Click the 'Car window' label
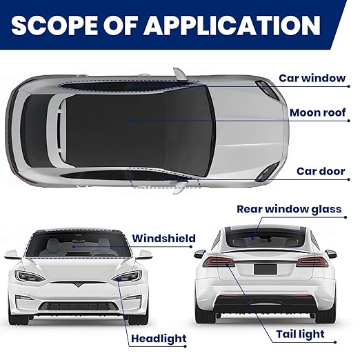312,78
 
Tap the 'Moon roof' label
317,112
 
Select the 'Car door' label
321,171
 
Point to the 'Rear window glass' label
289,210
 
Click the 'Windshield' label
163,239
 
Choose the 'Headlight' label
159,339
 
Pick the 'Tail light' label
300,334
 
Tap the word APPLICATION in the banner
232,25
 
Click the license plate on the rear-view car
265,269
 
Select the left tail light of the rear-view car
219,261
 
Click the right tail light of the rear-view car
312,261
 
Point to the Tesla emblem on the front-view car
78,284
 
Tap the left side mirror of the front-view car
12,254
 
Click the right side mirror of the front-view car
144,254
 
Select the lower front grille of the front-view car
78,306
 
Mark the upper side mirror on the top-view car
180,74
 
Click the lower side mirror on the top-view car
181,188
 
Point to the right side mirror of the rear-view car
330,254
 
